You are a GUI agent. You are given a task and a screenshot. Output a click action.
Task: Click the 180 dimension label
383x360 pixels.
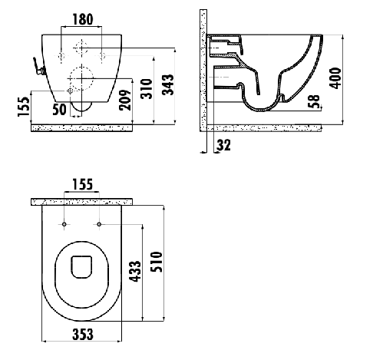pos(83,20)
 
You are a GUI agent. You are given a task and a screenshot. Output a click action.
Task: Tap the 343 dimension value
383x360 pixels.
pos(168,84)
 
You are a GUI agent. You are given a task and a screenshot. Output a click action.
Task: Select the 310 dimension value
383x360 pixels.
pos(147,89)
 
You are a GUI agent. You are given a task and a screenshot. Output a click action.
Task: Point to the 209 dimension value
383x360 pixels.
pos(125,100)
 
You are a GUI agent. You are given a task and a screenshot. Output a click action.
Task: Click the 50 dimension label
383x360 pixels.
pos(59,110)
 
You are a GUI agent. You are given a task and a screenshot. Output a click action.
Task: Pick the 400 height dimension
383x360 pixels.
pos(335,78)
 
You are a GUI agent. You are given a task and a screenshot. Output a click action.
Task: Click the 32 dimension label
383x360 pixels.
pos(223,145)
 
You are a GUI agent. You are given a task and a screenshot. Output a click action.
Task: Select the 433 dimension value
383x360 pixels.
pos(135,272)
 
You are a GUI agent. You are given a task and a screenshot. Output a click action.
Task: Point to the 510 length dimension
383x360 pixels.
pos(157,262)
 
